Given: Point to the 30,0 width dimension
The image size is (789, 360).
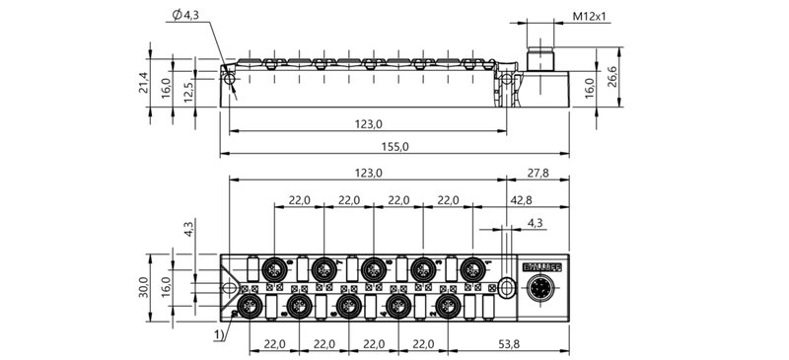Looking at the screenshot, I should pyautogui.click(x=144, y=287).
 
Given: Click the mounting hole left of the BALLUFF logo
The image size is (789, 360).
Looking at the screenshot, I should pyautogui.click(x=505, y=287).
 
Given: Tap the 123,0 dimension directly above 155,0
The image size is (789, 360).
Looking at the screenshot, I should pyautogui.click(x=367, y=123).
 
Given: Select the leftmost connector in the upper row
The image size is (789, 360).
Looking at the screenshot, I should pyautogui.click(x=274, y=268).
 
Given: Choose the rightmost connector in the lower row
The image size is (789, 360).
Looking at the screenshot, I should pyautogui.click(x=448, y=303).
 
